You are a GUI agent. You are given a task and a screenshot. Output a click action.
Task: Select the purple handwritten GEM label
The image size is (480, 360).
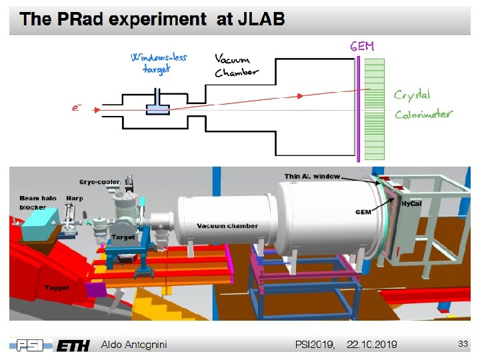pyautogui.click(x=362, y=46)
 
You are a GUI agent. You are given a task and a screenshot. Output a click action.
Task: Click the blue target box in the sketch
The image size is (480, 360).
pyautogui.click(x=159, y=109)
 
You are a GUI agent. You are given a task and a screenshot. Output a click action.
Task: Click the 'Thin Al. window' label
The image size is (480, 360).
pyautogui.click(x=311, y=177)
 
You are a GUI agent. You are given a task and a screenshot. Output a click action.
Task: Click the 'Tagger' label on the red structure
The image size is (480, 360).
pyautogui.click(x=57, y=287)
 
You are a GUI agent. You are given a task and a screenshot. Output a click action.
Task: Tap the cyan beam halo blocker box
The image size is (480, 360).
pyautogui.click(x=40, y=230)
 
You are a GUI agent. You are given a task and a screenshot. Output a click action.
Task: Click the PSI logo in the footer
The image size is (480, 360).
pyautogui.click(x=29, y=344)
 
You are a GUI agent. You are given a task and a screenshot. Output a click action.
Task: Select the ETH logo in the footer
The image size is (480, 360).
pyautogui.click(x=73, y=344)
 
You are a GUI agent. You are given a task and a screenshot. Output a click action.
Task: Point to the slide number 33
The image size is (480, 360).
pyautogui.click(x=463, y=343)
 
